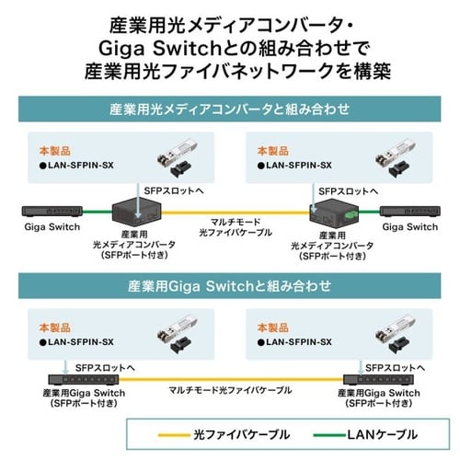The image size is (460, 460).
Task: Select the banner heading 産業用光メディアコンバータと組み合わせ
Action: (x=229, y=109)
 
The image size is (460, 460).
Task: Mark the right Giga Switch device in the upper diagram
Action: (x=409, y=211)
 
